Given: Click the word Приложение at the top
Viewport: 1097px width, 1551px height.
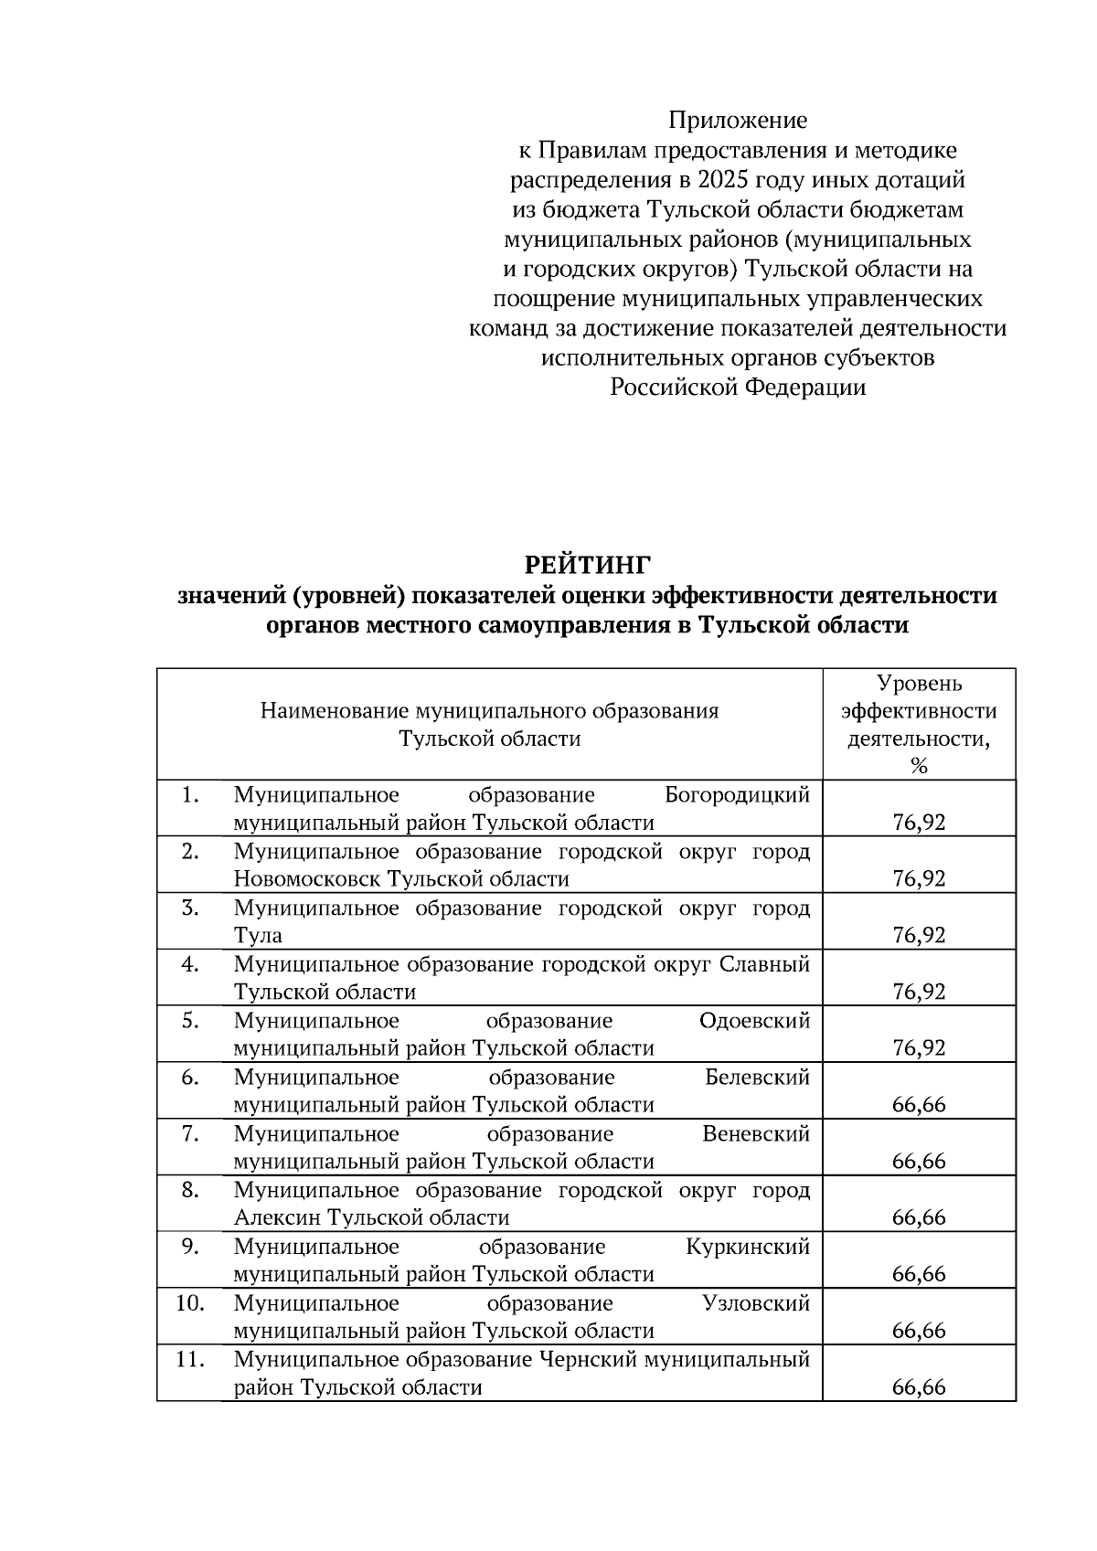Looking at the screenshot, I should click(x=737, y=121).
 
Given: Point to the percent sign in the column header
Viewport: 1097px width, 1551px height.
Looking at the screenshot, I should click(x=919, y=766).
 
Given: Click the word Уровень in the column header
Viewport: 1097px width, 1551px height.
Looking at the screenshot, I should click(x=919, y=684).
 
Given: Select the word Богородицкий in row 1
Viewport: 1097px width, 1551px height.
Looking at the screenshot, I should click(x=737, y=795).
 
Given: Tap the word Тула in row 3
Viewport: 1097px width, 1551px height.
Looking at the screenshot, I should click(x=258, y=936).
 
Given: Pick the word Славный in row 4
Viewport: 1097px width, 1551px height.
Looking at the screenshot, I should click(x=766, y=964).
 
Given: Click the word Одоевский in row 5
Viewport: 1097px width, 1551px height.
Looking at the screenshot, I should click(x=754, y=1021).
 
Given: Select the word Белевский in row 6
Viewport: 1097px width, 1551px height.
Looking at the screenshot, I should click(x=757, y=1078).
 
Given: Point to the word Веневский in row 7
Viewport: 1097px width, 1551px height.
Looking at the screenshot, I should click(x=756, y=1134).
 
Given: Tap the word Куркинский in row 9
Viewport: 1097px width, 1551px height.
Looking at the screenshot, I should click(x=748, y=1248).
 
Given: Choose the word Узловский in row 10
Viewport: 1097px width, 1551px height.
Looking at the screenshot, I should click(x=756, y=1303).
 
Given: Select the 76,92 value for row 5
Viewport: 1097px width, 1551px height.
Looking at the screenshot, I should click(x=919, y=1048).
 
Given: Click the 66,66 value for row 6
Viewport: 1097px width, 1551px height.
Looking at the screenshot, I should click(x=919, y=1105).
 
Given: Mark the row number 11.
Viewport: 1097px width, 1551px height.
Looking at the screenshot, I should click(x=189, y=1360).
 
